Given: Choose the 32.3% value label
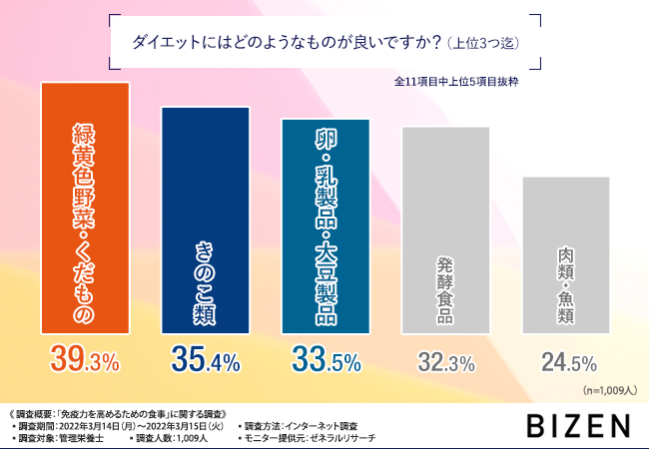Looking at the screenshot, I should (446, 361).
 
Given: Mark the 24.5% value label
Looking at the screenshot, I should (567, 361).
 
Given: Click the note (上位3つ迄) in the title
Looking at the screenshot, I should (483, 44).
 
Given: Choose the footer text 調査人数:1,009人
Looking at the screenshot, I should (171, 438).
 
